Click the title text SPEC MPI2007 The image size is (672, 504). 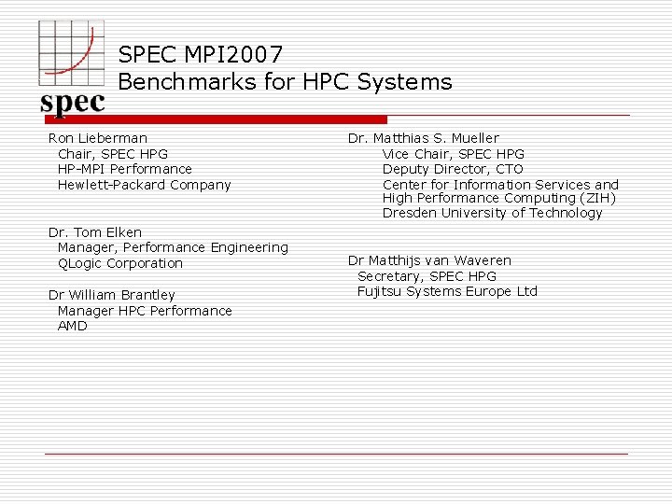[x=200, y=56]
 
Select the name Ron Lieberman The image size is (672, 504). [x=98, y=138]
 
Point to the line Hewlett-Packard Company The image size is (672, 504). [x=144, y=185]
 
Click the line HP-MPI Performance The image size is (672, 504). [x=124, y=169]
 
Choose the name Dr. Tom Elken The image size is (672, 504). [x=95, y=232]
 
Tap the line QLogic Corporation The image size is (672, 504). [x=120, y=263]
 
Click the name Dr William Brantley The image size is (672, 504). [x=111, y=295]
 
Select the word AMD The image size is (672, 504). [x=72, y=326]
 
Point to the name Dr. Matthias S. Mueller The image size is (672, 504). [x=423, y=138]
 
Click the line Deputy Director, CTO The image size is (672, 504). [x=453, y=169]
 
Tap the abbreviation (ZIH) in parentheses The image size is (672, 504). [x=597, y=198]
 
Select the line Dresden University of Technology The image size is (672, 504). [x=492, y=213]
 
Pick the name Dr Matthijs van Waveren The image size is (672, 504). [x=429, y=260]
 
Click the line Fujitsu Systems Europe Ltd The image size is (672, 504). [x=447, y=291]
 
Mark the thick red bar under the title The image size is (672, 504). [x=215, y=119]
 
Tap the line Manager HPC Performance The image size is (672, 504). [x=145, y=311]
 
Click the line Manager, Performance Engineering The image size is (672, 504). [x=173, y=247]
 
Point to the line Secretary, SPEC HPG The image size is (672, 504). [x=427, y=276]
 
